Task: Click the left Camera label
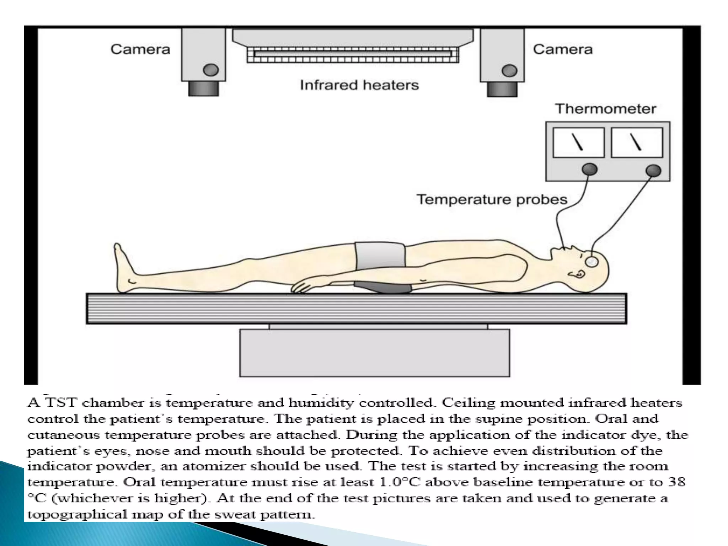tap(140, 49)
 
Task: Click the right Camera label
tap(563, 49)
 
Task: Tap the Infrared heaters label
tap(359, 85)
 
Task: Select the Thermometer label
tap(605, 109)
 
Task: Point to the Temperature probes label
tap(492, 199)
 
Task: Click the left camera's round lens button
tap(211, 70)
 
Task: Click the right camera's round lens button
tap(509, 70)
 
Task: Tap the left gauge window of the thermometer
tap(579, 143)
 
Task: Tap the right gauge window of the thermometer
tap(637, 143)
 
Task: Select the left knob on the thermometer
tap(589, 170)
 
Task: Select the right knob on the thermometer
tap(653, 170)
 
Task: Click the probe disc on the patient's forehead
tap(591, 262)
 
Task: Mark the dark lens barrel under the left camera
tap(203, 89)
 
